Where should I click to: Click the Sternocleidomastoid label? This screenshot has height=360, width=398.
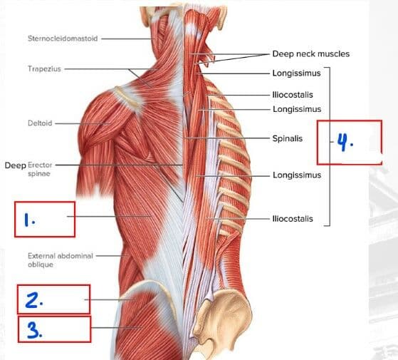(x=63, y=38)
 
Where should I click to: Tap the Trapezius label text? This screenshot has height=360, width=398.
(x=44, y=69)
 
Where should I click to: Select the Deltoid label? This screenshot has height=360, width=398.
(x=40, y=123)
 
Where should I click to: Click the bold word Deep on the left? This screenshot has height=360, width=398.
(x=15, y=165)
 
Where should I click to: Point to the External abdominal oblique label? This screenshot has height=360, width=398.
(x=61, y=260)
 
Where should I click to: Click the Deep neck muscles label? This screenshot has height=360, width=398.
(x=310, y=54)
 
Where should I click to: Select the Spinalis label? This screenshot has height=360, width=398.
(x=288, y=138)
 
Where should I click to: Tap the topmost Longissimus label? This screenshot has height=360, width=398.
(x=296, y=73)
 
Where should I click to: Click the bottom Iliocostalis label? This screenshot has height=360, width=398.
(x=293, y=219)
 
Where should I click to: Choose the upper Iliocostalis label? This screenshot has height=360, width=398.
(x=293, y=95)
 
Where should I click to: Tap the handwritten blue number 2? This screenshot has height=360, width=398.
(x=34, y=300)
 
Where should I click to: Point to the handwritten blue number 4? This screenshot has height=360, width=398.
(x=345, y=143)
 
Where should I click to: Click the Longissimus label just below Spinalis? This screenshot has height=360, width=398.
(x=297, y=175)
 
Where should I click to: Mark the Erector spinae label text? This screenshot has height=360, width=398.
(x=40, y=169)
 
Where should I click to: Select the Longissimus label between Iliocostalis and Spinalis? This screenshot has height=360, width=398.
(x=297, y=109)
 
